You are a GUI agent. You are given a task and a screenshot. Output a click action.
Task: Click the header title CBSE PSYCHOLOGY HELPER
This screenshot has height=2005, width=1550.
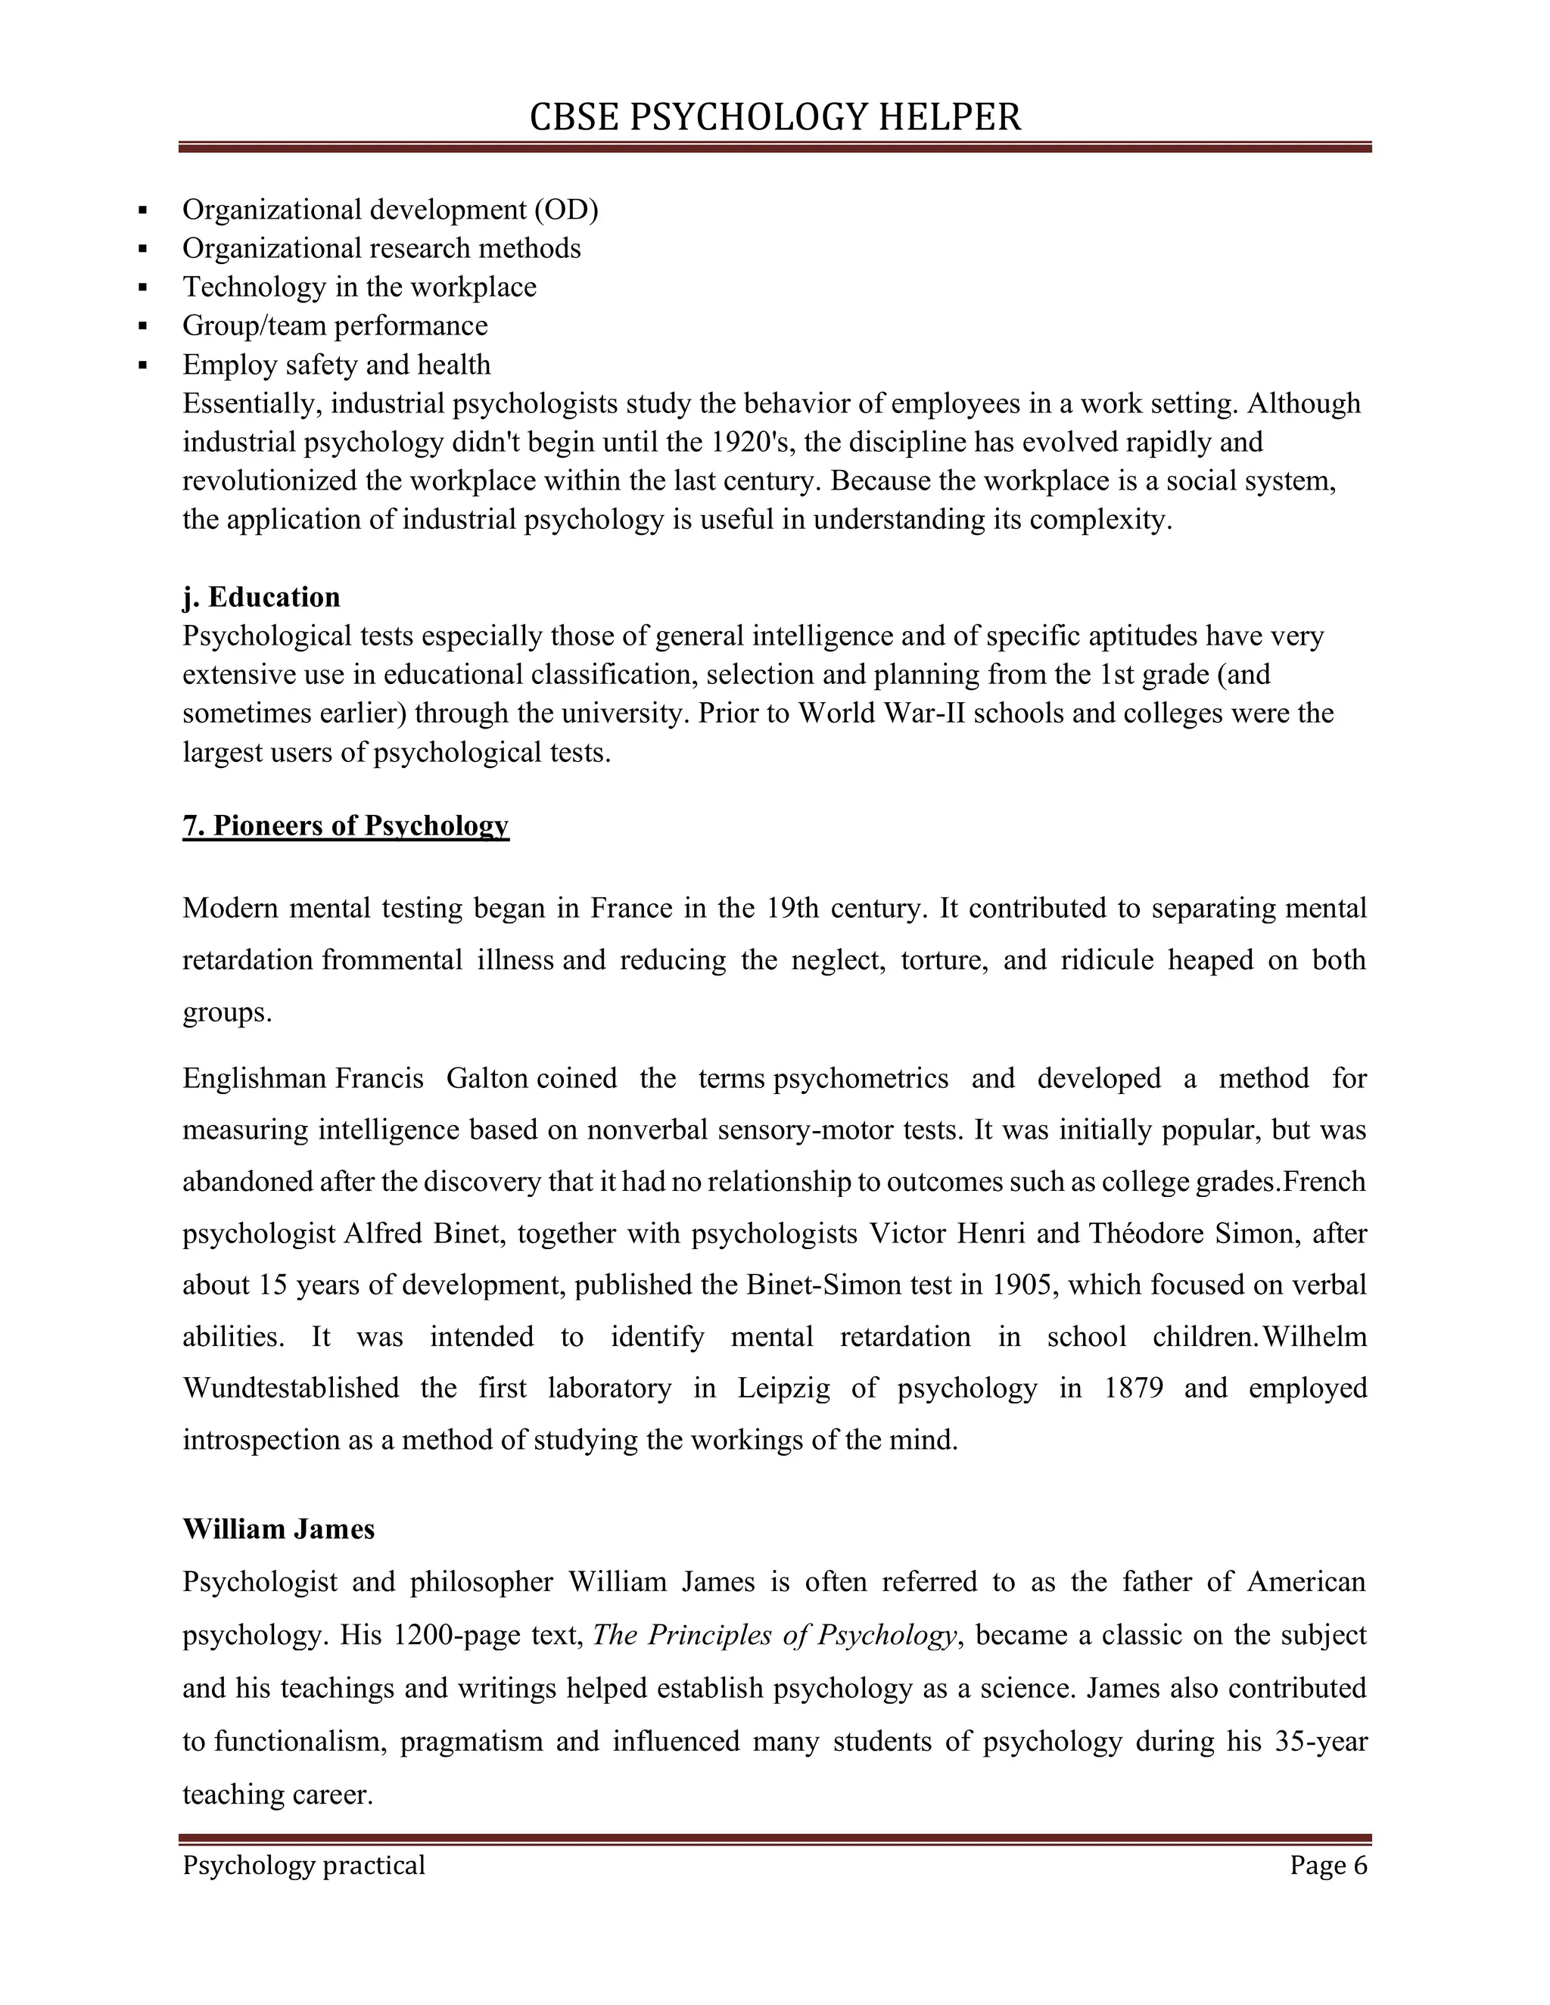pyautogui.click(x=774, y=117)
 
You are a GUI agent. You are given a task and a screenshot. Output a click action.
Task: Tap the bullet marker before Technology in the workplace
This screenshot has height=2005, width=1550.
pyautogui.click(x=142, y=288)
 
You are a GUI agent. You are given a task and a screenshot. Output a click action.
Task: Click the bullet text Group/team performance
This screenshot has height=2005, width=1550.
pyautogui.click(x=335, y=326)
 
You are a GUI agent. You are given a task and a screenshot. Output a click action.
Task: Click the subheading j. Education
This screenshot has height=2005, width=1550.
pyautogui.click(x=261, y=598)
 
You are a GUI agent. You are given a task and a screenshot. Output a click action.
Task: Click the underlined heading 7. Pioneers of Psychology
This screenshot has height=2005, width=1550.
pyautogui.click(x=345, y=825)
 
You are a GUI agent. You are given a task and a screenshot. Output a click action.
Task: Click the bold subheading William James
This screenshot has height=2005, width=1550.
pyautogui.click(x=279, y=1529)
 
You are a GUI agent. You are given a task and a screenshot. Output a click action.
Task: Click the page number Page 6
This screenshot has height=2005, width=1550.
pyautogui.click(x=1327, y=1866)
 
